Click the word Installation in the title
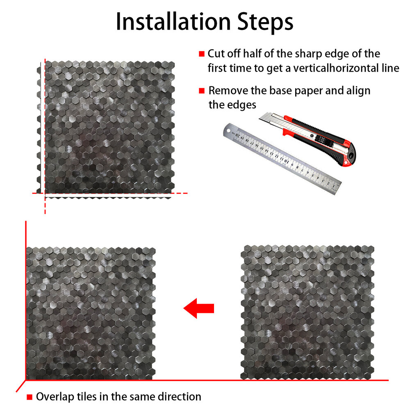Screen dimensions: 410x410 coord(173,22)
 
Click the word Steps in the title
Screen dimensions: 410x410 coord(265,23)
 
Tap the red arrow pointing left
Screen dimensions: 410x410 coord(199,308)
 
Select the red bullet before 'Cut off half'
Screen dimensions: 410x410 coord(202,54)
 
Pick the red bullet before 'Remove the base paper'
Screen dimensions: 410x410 coord(202,91)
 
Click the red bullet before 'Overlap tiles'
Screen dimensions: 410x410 coord(30,397)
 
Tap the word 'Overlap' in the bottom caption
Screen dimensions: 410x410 coord(55,397)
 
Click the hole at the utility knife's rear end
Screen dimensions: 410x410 coord(351,156)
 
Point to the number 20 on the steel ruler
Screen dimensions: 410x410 coord(237,135)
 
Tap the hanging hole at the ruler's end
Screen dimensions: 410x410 coord(228,130)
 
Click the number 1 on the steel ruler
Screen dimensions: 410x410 coord(334,186)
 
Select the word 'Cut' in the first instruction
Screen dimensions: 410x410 coord(216,54)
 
